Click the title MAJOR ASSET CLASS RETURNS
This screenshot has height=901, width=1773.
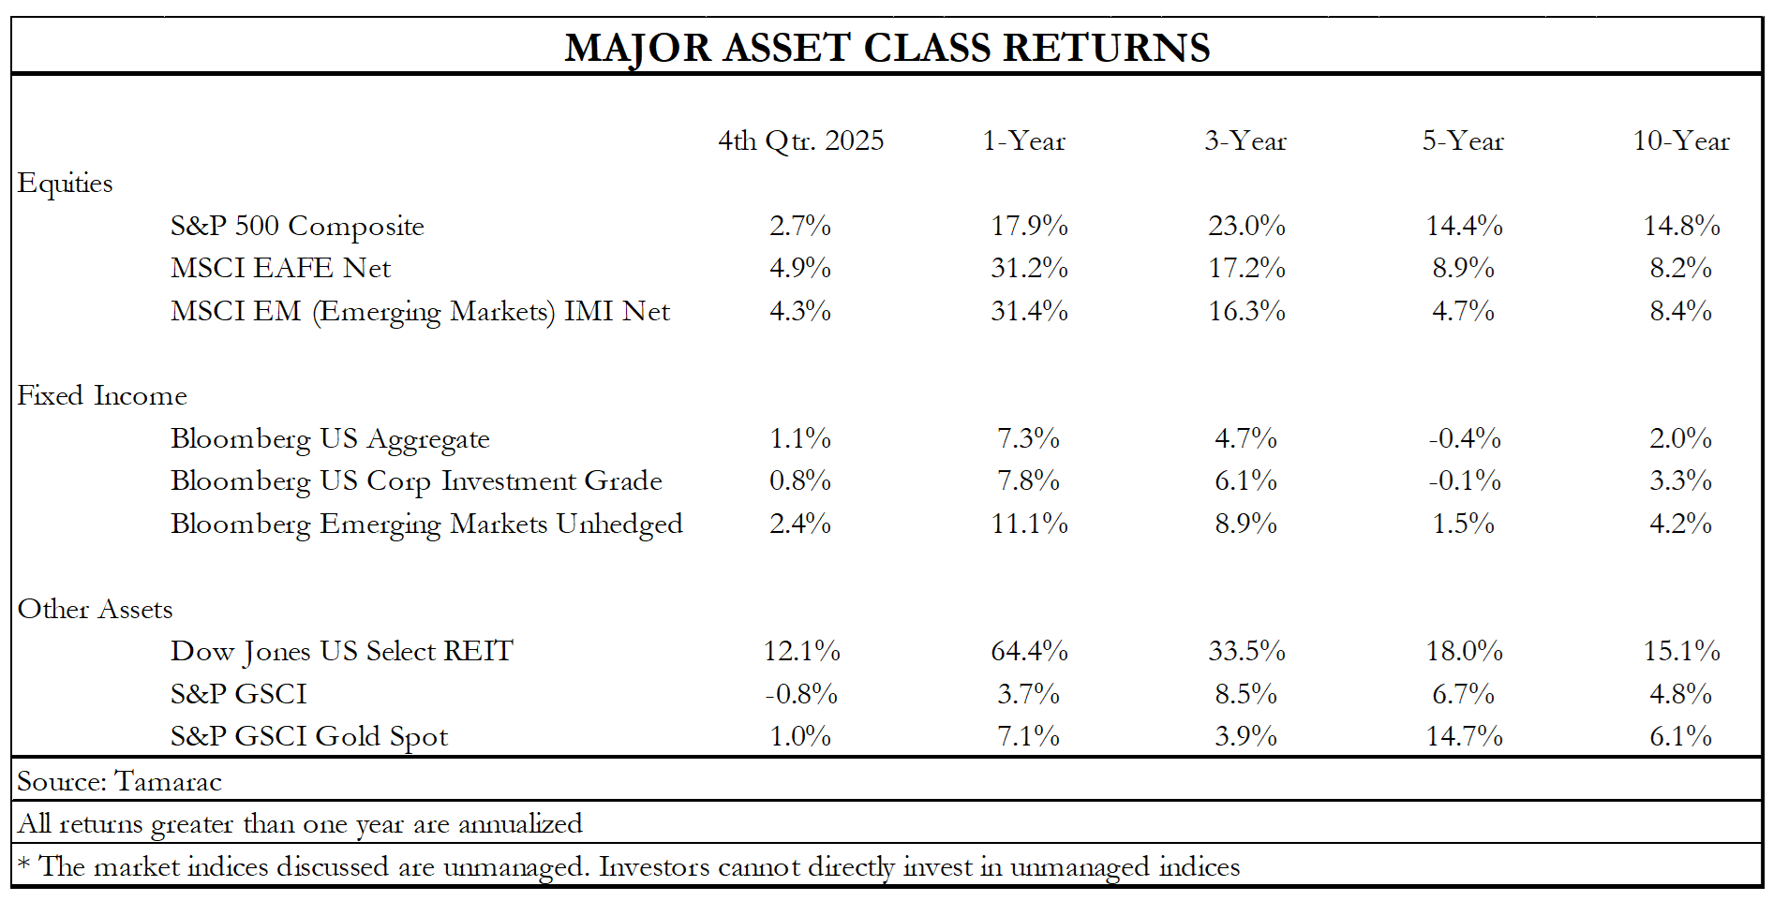click(x=886, y=48)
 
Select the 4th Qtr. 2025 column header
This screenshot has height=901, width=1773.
click(x=800, y=140)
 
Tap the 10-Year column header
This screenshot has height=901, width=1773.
click(x=1680, y=140)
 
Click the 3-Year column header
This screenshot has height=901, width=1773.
click(x=1245, y=140)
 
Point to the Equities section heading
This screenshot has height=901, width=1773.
click(x=65, y=184)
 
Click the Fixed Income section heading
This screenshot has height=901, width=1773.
click(x=102, y=396)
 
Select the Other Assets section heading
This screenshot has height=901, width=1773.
click(x=95, y=610)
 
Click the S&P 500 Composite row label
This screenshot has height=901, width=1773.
click(x=297, y=226)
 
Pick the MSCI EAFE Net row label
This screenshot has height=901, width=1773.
click(x=280, y=269)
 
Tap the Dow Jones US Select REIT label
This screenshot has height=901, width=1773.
click(x=341, y=652)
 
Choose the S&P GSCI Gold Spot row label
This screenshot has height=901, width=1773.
click(x=309, y=737)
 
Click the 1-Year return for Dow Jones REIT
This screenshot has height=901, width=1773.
click(x=1029, y=651)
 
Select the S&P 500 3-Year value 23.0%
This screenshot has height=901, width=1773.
click(x=1246, y=226)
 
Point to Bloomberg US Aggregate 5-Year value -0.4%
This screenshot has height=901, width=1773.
click(x=1464, y=438)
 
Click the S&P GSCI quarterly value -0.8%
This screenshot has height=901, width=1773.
click(x=800, y=694)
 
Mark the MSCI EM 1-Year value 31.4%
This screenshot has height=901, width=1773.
click(x=1029, y=311)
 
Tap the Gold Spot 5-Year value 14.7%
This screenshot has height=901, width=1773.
click(x=1464, y=737)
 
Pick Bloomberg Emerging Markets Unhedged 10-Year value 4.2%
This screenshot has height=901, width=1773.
click(x=1680, y=524)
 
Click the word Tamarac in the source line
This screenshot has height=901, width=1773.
click(x=168, y=782)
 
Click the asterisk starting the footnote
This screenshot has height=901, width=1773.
click(x=23, y=864)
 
